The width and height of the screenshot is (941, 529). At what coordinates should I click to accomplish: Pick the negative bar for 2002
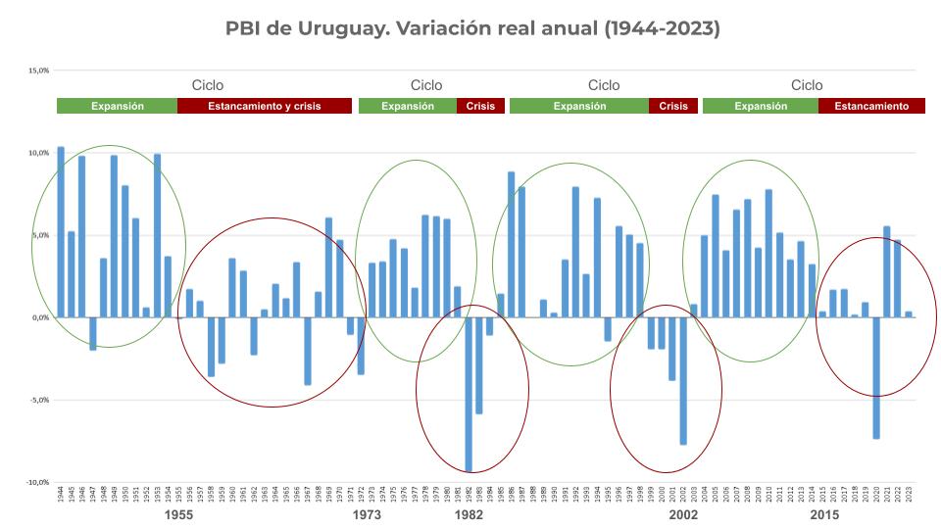683,381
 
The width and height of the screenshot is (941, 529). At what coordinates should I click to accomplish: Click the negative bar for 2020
876,378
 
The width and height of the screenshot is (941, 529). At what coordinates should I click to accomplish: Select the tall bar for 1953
157,235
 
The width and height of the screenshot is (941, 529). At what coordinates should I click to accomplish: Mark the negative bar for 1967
308,351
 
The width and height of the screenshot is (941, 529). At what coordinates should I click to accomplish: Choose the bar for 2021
887,271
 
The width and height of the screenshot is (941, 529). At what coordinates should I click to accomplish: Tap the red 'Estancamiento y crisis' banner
265,106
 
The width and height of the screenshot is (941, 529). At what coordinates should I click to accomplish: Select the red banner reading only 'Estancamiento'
864,106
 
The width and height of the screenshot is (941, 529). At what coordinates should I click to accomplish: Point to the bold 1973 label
368,514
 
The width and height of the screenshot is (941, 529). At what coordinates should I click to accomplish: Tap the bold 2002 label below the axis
684,514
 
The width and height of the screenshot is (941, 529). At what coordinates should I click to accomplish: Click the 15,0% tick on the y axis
38,71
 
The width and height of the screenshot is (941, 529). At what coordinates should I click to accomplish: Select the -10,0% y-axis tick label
37,482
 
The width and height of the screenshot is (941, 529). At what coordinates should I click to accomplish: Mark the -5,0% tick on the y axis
38,400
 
